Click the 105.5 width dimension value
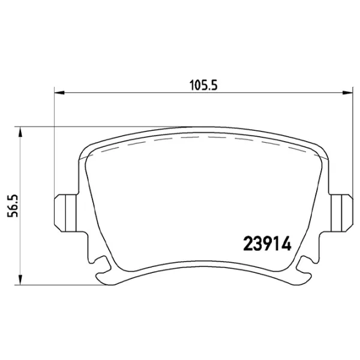(x=203, y=85)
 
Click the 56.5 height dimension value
(x=13, y=206)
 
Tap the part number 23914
(x=267, y=244)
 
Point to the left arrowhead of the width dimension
(x=59, y=93)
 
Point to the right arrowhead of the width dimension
(x=347, y=93)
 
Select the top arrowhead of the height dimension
(x=20, y=132)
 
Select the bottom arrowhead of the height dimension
(x=20, y=280)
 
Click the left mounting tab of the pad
(x=65, y=213)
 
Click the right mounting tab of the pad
(x=341, y=213)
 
